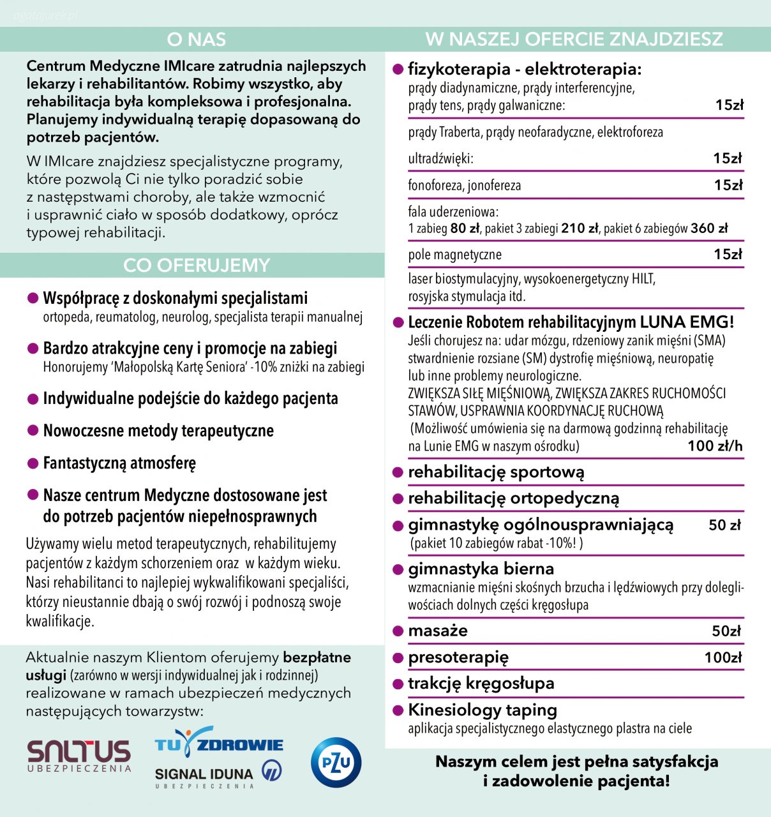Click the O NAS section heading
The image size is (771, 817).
click(196, 40)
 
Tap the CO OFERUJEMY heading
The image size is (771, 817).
click(196, 266)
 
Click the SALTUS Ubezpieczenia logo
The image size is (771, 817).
click(79, 756)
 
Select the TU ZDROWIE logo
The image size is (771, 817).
click(219, 744)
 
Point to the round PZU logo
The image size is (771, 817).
click(336, 762)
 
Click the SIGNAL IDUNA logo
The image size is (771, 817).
click(218, 775)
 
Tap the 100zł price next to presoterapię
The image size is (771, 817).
click(722, 657)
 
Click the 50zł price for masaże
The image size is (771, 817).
click(726, 631)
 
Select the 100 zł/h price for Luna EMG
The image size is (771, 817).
click(715, 446)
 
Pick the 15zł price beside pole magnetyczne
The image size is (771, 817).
click(728, 255)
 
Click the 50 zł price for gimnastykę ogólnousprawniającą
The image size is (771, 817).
click(724, 525)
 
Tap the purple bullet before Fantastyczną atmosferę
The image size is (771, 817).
click(33, 463)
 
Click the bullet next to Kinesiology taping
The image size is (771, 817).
click(398, 710)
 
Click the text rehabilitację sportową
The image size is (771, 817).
click(496, 472)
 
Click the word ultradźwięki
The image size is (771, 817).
click(440, 159)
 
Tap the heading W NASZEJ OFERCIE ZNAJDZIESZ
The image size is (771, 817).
click(574, 40)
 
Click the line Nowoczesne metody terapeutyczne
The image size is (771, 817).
click(158, 431)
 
